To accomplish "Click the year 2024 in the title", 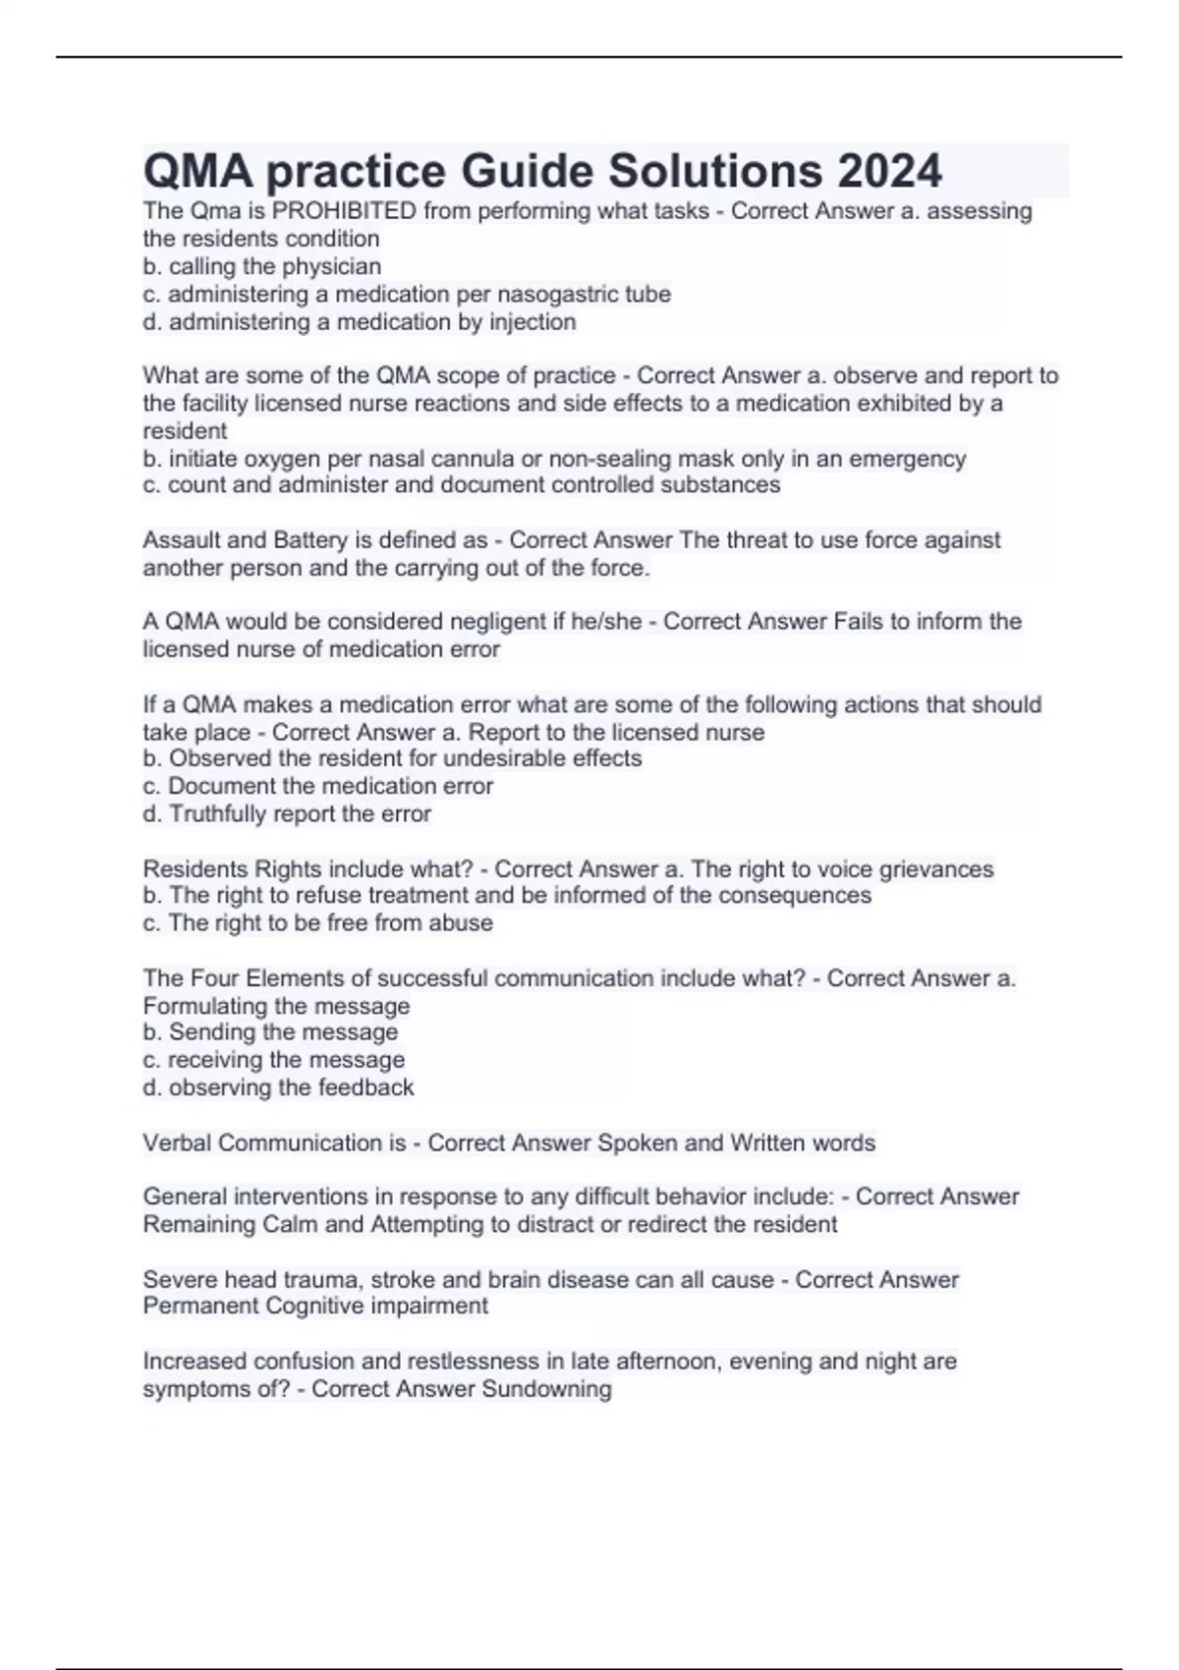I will coord(889,171).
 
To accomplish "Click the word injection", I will coord(533,321).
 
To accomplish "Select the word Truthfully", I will coord(217,813).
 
